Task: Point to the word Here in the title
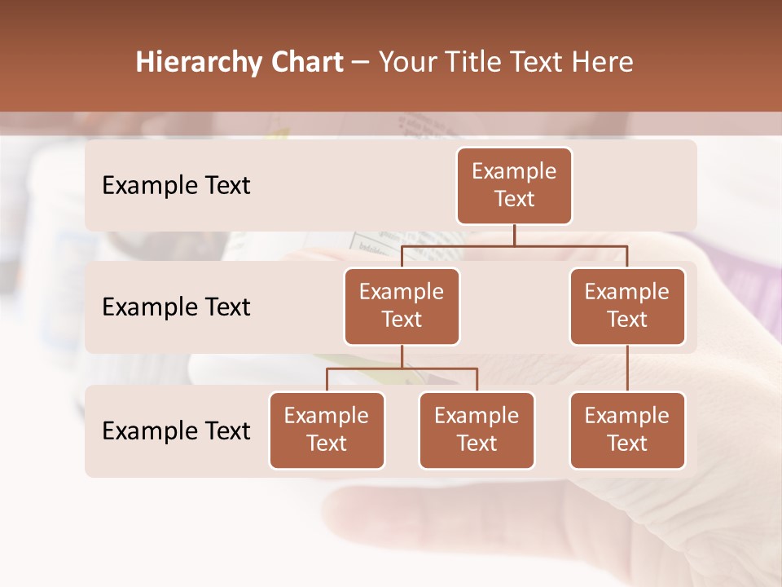[x=602, y=63]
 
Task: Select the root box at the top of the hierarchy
[x=514, y=185]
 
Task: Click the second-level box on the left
[x=402, y=306]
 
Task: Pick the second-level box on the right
[x=627, y=306]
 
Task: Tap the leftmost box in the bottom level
[x=327, y=430]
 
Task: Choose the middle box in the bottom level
[x=477, y=430]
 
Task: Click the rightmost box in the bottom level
[x=627, y=430]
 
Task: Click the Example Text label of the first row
[x=176, y=186]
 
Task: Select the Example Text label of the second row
[x=176, y=307]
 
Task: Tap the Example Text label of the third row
[x=176, y=431]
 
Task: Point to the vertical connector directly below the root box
[x=514, y=235]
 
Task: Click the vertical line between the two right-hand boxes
[x=627, y=369]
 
